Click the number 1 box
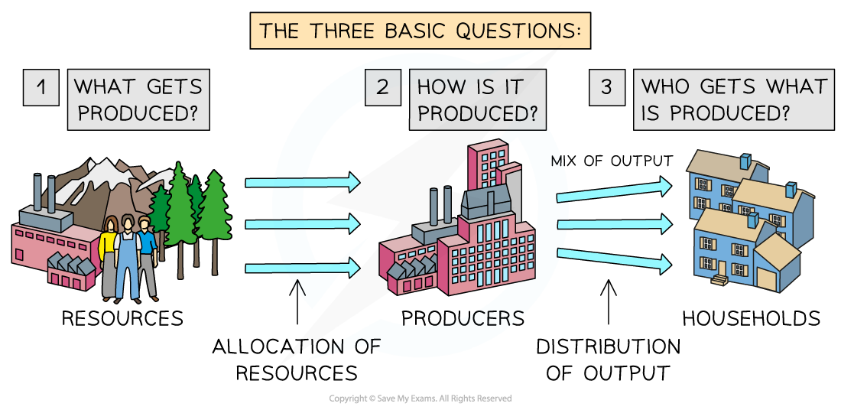[41, 88]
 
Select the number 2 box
[382, 88]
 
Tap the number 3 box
[606, 88]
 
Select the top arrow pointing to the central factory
[302, 182]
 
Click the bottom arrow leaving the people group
[302, 268]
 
